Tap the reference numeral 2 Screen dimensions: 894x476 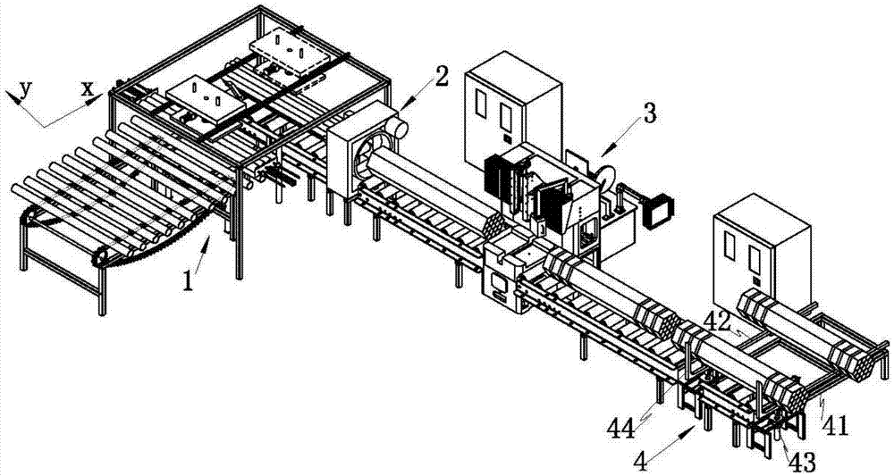tap(440, 78)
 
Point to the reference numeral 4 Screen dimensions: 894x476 tap(641, 462)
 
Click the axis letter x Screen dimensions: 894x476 tap(87, 88)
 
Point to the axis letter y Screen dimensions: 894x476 tap(24, 88)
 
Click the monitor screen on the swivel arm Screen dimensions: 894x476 tap(659, 211)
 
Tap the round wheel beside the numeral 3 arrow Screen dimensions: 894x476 tap(605, 175)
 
